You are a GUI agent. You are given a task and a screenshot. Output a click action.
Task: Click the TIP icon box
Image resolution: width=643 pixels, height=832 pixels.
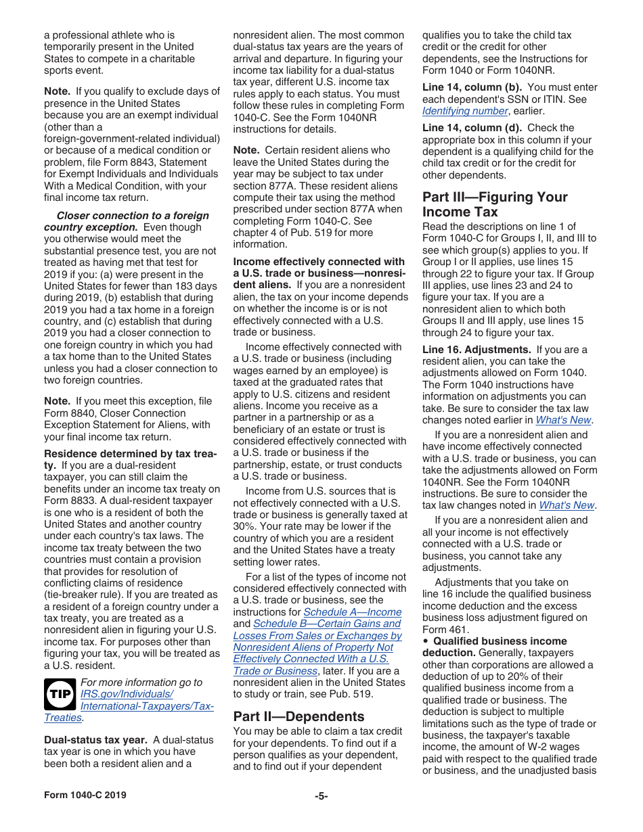tap(60, 695)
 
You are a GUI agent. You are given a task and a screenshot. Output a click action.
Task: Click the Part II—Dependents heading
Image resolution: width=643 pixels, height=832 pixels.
tap(298, 716)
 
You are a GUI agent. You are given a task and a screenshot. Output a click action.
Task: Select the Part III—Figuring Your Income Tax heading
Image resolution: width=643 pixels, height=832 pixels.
tap(495, 204)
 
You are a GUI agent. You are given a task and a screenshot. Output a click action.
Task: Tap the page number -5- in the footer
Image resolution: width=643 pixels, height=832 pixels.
tap(321, 795)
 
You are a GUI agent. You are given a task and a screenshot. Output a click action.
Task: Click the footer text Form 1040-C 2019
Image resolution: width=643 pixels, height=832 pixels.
tap(85, 795)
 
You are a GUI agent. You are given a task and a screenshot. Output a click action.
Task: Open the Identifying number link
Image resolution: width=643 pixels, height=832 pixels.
tap(465, 111)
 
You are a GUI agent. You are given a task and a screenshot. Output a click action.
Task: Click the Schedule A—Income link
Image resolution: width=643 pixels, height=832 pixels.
tap(352, 612)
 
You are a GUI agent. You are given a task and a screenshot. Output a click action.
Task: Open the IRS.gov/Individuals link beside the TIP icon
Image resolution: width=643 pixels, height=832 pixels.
tap(127, 695)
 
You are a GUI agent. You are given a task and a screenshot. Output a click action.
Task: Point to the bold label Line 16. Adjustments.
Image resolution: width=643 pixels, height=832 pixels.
tap(476, 350)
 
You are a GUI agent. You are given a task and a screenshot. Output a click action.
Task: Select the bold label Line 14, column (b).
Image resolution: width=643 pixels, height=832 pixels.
tap(472, 87)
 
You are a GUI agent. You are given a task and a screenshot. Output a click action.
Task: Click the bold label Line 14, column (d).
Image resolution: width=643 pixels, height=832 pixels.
tap(472, 128)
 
